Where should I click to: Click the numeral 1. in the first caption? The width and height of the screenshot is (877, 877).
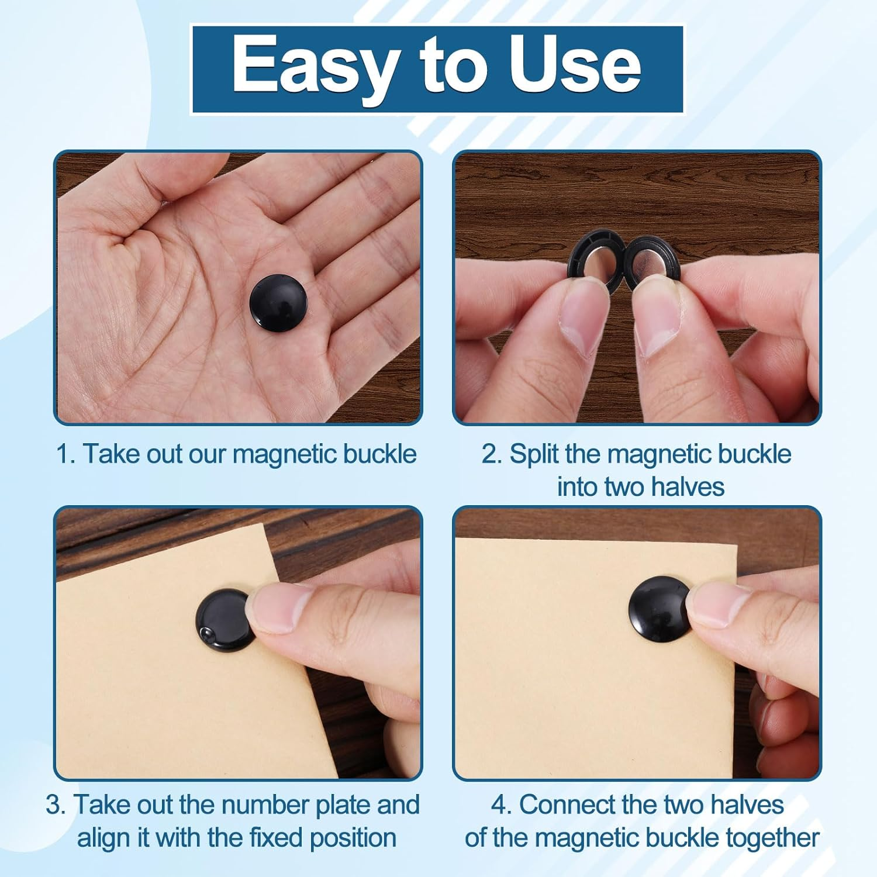66,454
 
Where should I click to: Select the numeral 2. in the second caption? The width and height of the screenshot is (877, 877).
491,454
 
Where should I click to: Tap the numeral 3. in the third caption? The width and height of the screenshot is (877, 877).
56,805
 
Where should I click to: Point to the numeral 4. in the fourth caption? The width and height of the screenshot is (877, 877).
502,805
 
